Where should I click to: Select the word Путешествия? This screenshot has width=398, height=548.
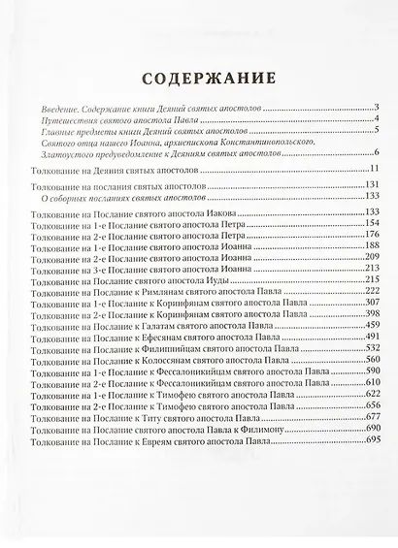pyautogui.click(x=63, y=119)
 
